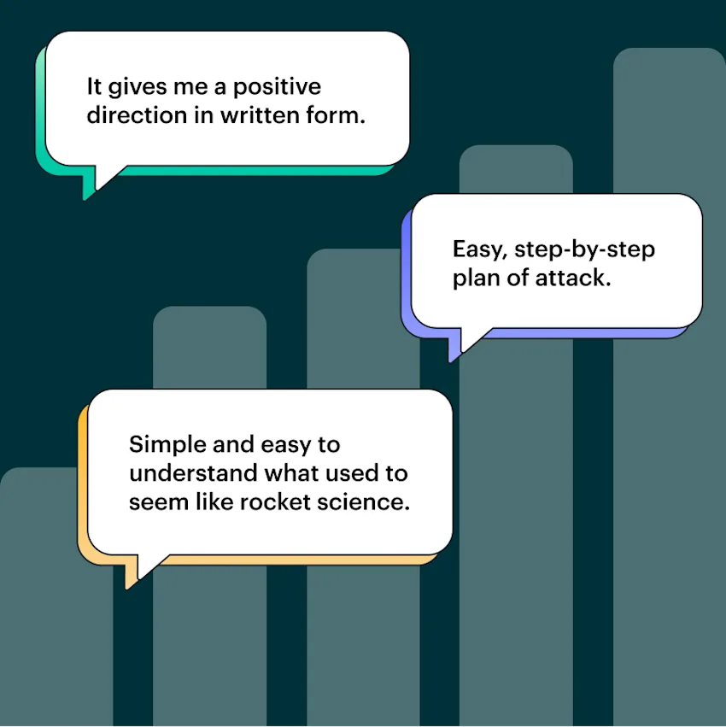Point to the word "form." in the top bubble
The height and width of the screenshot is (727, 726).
[335, 116]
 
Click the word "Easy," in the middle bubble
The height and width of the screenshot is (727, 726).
[479, 250]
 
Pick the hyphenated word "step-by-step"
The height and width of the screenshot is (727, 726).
[584, 250]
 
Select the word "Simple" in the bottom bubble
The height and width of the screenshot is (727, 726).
[161, 445]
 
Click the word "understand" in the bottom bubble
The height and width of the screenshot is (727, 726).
[193, 473]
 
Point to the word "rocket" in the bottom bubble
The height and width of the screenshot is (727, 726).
[275, 501]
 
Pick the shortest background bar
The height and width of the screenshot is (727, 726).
[43, 615]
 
